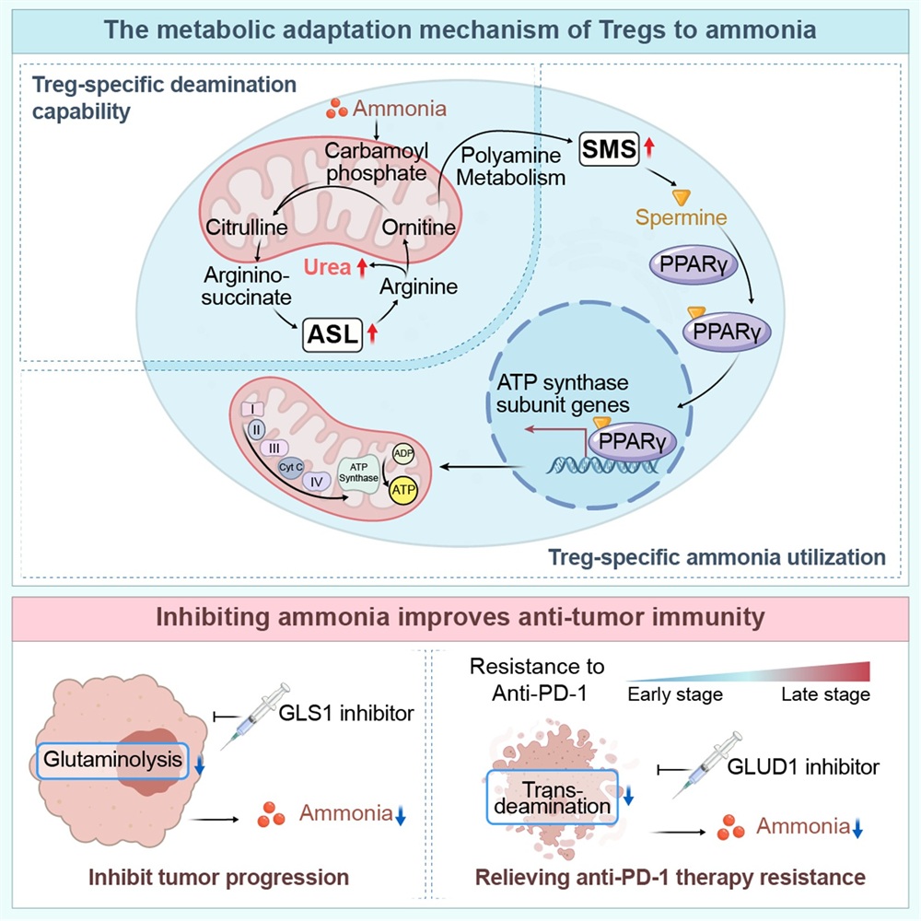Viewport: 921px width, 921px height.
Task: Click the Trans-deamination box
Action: (549, 798)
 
